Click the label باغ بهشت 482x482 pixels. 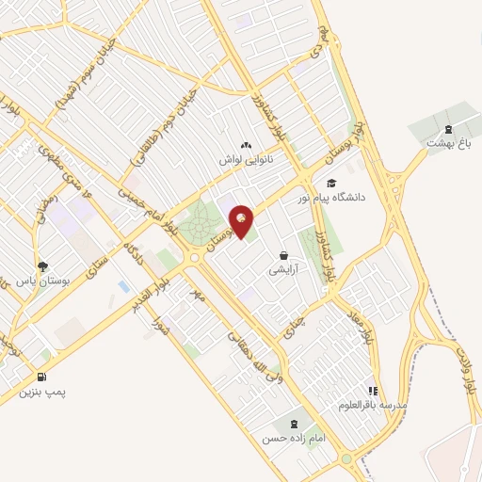click(x=447, y=143)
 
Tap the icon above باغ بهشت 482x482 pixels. click(x=448, y=129)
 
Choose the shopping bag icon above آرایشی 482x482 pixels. click(x=283, y=255)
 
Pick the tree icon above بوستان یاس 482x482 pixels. click(x=42, y=266)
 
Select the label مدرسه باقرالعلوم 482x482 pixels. click(x=374, y=405)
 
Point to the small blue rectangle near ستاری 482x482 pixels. click(x=123, y=285)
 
